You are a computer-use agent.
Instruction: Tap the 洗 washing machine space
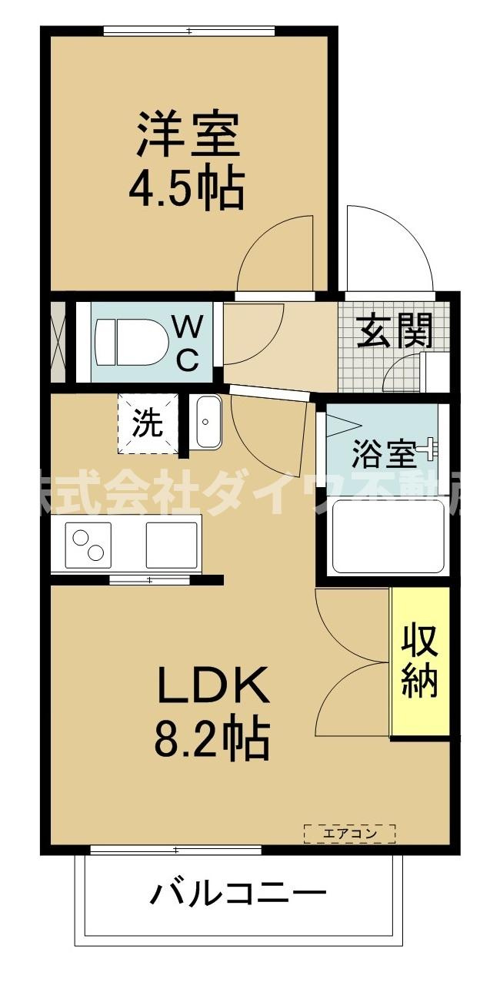148,423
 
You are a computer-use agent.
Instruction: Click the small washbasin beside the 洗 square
206,422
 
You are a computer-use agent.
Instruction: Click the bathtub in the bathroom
388,536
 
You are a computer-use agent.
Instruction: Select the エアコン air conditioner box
349,833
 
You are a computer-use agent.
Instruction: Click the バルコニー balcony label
238,894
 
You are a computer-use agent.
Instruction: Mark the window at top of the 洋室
188,32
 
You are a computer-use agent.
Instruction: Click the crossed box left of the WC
57,343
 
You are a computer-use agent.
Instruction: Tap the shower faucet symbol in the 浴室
429,449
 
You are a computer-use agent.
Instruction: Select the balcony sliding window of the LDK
175,850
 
